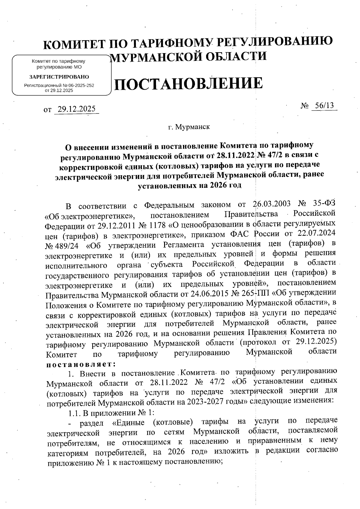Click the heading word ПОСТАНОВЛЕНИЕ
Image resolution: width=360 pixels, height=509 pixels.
click(x=188, y=84)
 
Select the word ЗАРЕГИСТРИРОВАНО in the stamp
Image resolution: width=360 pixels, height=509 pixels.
click(x=59, y=77)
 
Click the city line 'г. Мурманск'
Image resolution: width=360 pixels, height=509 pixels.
click(x=189, y=127)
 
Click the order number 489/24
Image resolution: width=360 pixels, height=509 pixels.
click(x=62, y=245)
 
